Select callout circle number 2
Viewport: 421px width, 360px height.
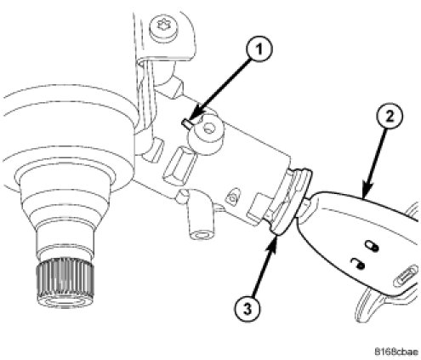coord(390,117)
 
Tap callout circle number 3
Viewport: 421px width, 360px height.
coord(247,308)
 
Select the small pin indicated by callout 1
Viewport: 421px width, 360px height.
coord(187,124)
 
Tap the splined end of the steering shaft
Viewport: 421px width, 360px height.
coord(65,282)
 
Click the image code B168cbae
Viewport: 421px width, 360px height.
coord(395,351)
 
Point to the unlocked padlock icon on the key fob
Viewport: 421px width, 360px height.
coord(356,264)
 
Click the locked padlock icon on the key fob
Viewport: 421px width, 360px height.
coord(371,245)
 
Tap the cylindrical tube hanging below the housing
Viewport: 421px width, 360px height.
coord(200,215)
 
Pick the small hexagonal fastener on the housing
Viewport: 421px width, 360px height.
coord(232,196)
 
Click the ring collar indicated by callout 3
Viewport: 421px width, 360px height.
coord(289,198)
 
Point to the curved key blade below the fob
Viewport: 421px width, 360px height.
coord(368,306)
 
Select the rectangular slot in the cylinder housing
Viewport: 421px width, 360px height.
coord(179,163)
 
